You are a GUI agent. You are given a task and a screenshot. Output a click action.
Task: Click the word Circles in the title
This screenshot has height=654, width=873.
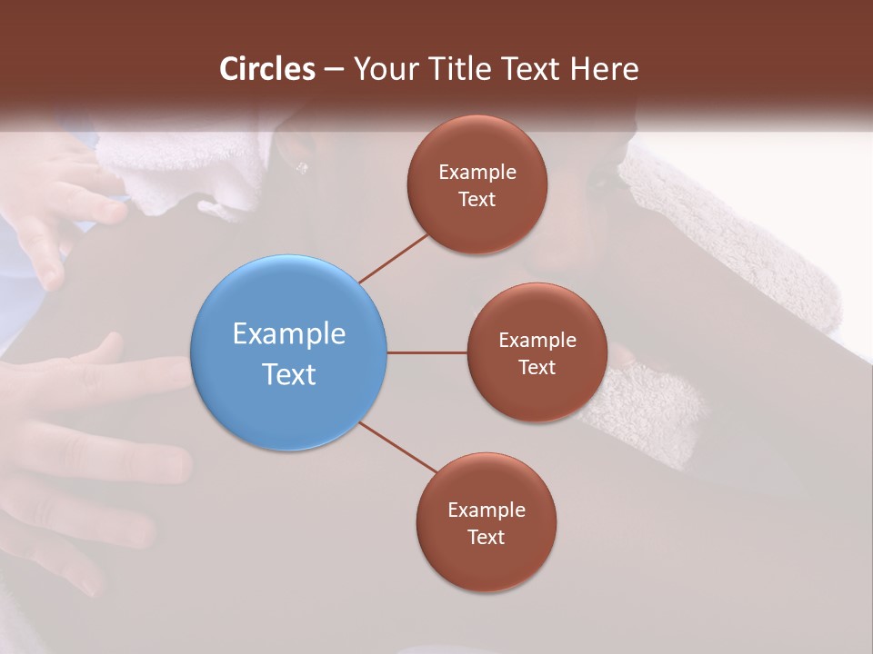pyautogui.click(x=266, y=69)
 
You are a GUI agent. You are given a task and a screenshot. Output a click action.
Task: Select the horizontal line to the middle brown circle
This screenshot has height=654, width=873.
pyautogui.click(x=426, y=352)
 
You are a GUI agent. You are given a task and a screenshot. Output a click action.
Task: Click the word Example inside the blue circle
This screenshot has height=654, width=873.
pyautogui.click(x=289, y=334)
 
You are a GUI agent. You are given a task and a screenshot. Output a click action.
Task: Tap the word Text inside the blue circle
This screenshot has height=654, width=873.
pyautogui.click(x=289, y=374)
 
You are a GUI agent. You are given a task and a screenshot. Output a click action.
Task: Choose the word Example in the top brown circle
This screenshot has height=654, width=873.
pyautogui.click(x=477, y=173)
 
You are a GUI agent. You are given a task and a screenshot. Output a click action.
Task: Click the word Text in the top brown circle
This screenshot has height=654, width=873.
pyautogui.click(x=477, y=199)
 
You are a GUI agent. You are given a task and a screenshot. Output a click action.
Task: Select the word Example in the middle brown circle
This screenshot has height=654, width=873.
pyautogui.click(x=537, y=341)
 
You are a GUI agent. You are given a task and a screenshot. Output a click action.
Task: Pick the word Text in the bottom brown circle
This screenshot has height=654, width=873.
pyautogui.click(x=486, y=537)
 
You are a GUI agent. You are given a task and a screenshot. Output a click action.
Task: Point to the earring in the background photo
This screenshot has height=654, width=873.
pyautogui.click(x=302, y=167)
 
